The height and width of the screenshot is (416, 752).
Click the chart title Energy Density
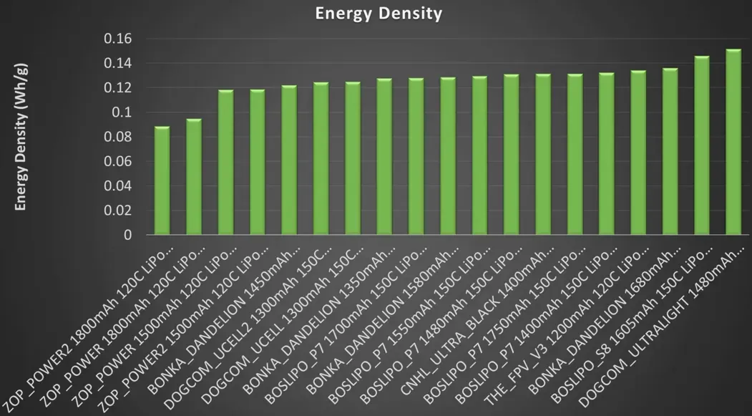click(379, 14)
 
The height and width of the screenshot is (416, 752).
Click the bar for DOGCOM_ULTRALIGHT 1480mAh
click(733, 142)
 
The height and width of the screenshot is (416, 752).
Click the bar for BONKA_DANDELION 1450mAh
click(289, 160)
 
